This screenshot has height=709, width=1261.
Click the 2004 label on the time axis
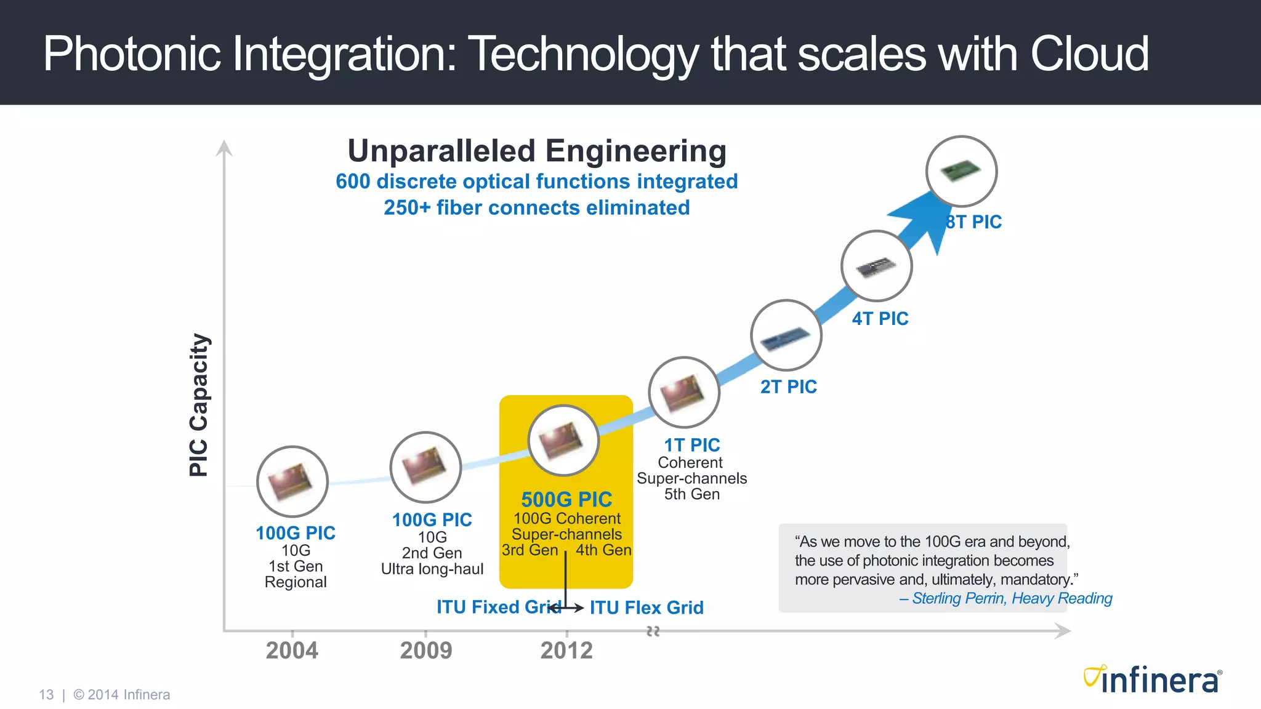292,651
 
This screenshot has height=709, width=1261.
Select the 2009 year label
426,651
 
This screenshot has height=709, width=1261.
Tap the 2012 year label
566,651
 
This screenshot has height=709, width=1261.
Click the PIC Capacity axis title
199,404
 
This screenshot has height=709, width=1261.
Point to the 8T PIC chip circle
961,171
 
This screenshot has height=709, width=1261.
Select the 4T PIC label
880,319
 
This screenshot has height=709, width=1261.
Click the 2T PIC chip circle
786,335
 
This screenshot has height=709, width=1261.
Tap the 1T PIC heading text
691,445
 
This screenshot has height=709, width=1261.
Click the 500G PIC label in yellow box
566,499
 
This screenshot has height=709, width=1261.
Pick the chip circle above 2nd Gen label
425,467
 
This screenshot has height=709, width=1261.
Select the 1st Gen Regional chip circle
292,481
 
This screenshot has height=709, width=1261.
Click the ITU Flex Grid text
647,608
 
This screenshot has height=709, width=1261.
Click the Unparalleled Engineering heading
537,151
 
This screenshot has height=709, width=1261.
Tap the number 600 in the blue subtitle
353,182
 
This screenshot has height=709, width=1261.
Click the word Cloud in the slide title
1089,54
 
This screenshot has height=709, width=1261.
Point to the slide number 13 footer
46,695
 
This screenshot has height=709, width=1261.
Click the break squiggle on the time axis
653,631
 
